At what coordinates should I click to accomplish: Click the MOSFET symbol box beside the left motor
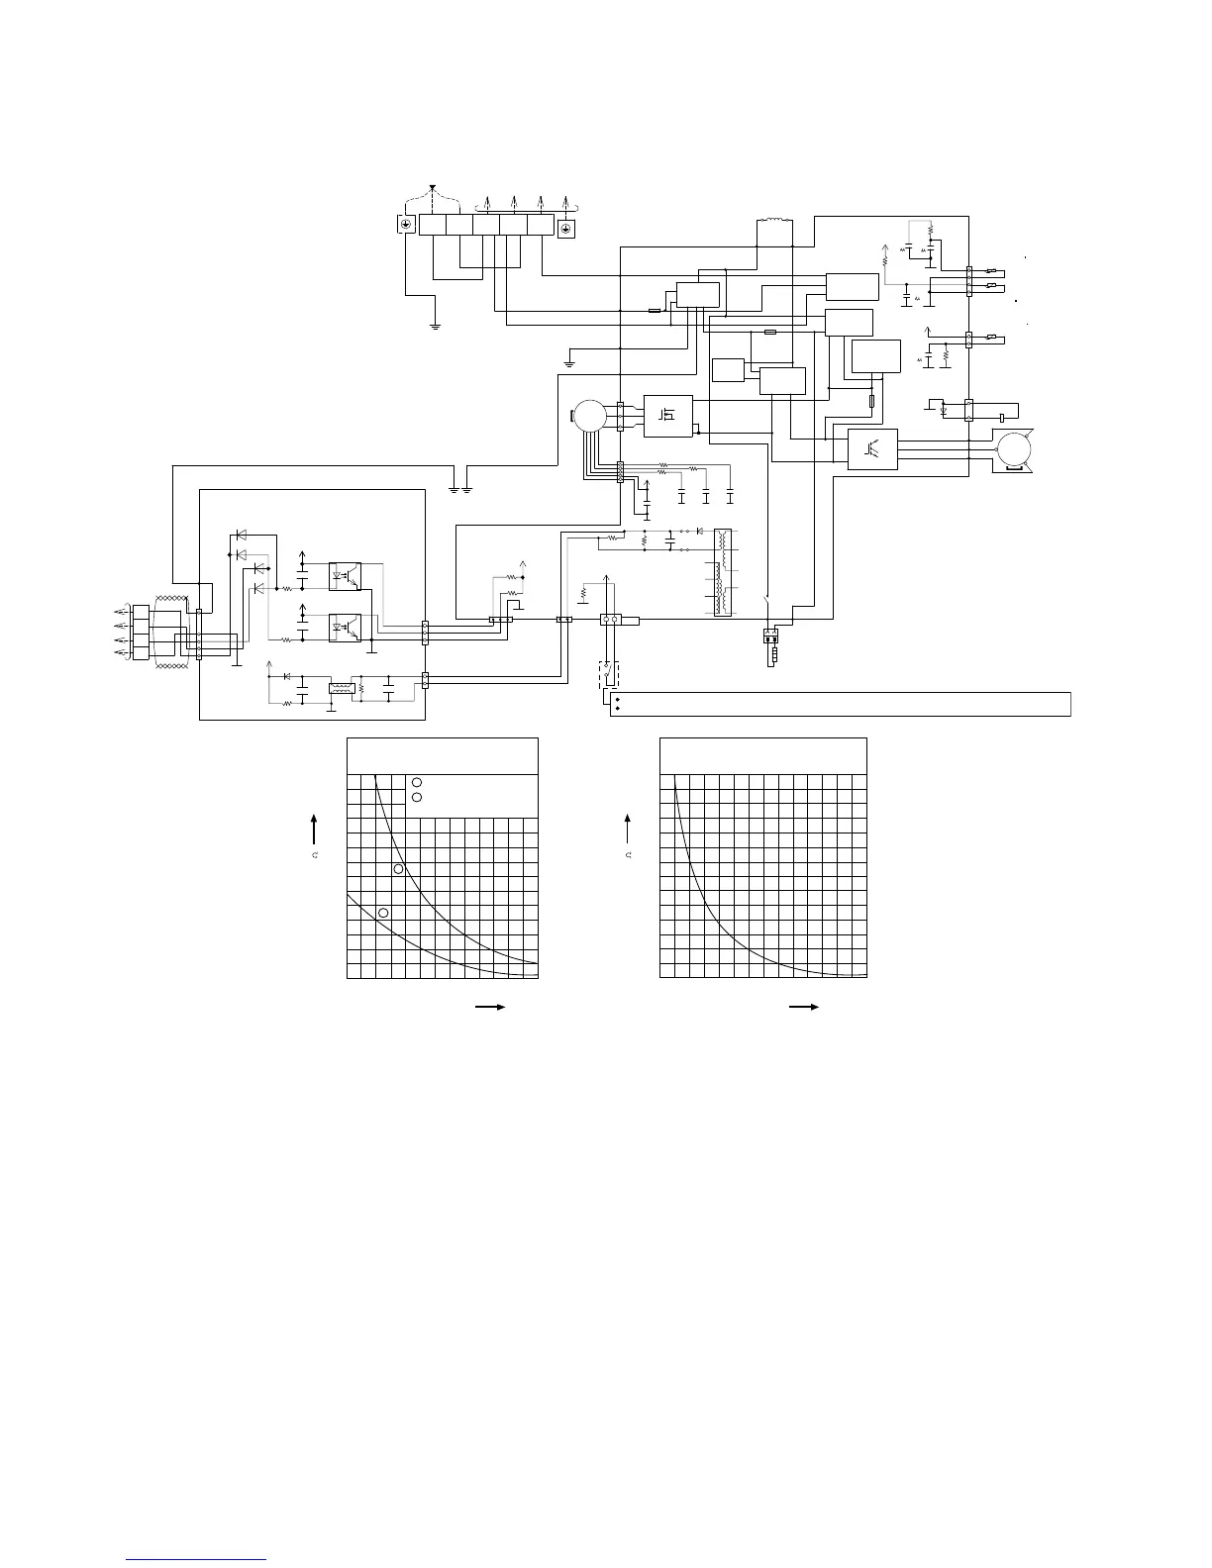(668, 415)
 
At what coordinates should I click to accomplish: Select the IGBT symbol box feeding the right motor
(873, 448)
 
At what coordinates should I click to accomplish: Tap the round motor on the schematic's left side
(589, 415)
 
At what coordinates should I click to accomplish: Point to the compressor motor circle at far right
(1014, 449)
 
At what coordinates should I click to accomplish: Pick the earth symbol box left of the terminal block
(405, 225)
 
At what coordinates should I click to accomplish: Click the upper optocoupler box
(345, 574)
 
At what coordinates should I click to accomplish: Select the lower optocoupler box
(345, 627)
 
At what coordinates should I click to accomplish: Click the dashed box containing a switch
(607, 675)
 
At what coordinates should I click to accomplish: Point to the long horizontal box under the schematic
(840, 704)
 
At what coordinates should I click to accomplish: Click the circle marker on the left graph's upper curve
(398, 869)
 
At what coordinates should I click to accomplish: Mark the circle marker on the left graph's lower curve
(383, 912)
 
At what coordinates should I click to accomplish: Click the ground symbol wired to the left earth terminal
(435, 324)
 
